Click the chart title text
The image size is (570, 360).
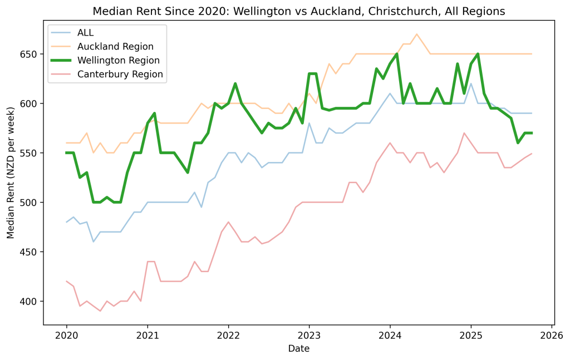pyautogui.click(x=299, y=11)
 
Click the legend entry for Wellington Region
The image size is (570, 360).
pyautogui.click(x=118, y=60)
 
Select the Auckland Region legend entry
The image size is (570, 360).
pyautogui.click(x=115, y=46)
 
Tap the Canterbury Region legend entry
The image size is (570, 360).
pyautogui.click(x=120, y=74)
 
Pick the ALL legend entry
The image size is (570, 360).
pyautogui.click(x=85, y=32)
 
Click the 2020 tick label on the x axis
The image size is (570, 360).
pyautogui.click(x=67, y=336)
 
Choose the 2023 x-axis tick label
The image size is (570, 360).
pyautogui.click(x=309, y=336)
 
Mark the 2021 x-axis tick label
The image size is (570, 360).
pyautogui.click(x=148, y=336)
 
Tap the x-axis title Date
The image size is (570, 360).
pyautogui.click(x=299, y=349)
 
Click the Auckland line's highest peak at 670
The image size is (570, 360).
pyautogui.click(x=417, y=34)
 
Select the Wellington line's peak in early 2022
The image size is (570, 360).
pyautogui.click(x=235, y=83)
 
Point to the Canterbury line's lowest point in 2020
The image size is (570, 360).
pyautogui.click(x=100, y=310)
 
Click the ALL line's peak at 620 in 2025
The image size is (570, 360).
pyautogui.click(x=471, y=83)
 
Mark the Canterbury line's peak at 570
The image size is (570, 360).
pyautogui.click(x=464, y=133)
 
